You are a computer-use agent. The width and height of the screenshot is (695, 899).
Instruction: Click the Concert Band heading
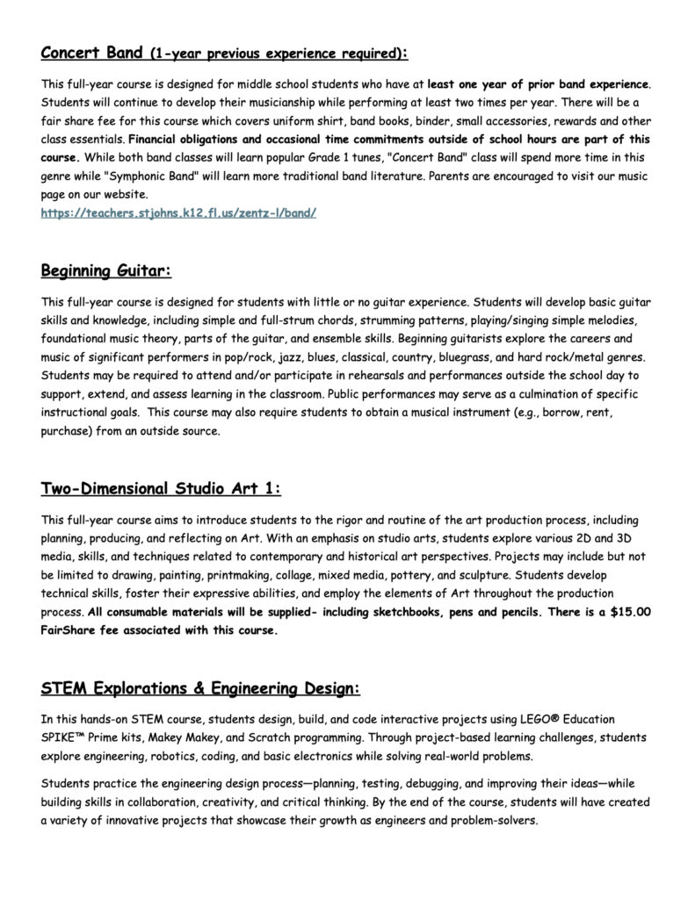(x=91, y=53)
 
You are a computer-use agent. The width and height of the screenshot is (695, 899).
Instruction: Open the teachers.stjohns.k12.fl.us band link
(x=178, y=212)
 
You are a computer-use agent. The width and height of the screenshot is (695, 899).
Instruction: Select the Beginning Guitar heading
(x=106, y=270)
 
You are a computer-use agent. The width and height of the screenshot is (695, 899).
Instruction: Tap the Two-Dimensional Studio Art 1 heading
(x=161, y=488)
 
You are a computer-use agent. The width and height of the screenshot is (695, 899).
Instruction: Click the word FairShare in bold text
(x=73, y=630)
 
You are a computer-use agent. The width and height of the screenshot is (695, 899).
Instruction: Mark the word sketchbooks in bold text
(x=444, y=613)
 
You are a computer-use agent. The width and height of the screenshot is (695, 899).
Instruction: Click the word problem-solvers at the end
(x=488, y=822)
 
